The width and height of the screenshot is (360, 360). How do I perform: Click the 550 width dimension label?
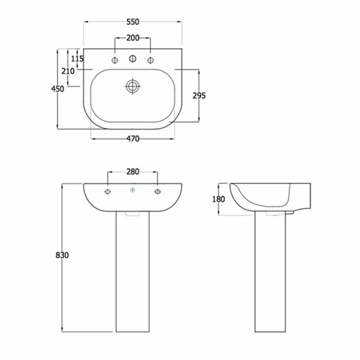click(x=133, y=22)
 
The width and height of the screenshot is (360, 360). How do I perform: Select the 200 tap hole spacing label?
click(x=133, y=38)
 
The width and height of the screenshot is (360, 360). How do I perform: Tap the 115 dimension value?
click(x=77, y=58)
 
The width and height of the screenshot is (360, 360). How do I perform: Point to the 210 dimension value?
click(x=68, y=71)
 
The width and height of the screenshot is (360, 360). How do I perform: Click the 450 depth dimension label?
click(x=58, y=89)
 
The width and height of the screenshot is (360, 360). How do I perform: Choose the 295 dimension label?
click(x=199, y=95)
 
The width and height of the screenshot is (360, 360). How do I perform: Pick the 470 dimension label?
click(x=133, y=139)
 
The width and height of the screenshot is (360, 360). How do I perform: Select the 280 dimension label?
click(x=133, y=171)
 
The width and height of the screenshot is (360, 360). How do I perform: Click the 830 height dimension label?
click(x=62, y=255)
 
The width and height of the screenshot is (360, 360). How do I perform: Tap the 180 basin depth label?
click(x=218, y=199)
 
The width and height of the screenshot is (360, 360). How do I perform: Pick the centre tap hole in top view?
click(x=133, y=58)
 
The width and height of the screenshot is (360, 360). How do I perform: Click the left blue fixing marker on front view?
click(x=108, y=192)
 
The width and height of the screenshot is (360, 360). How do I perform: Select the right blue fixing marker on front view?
click(x=157, y=192)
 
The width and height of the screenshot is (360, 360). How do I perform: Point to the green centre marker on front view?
click(x=132, y=190)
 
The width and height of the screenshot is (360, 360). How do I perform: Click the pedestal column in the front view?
click(x=132, y=274)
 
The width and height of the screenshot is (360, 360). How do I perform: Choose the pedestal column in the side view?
click(x=270, y=274)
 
